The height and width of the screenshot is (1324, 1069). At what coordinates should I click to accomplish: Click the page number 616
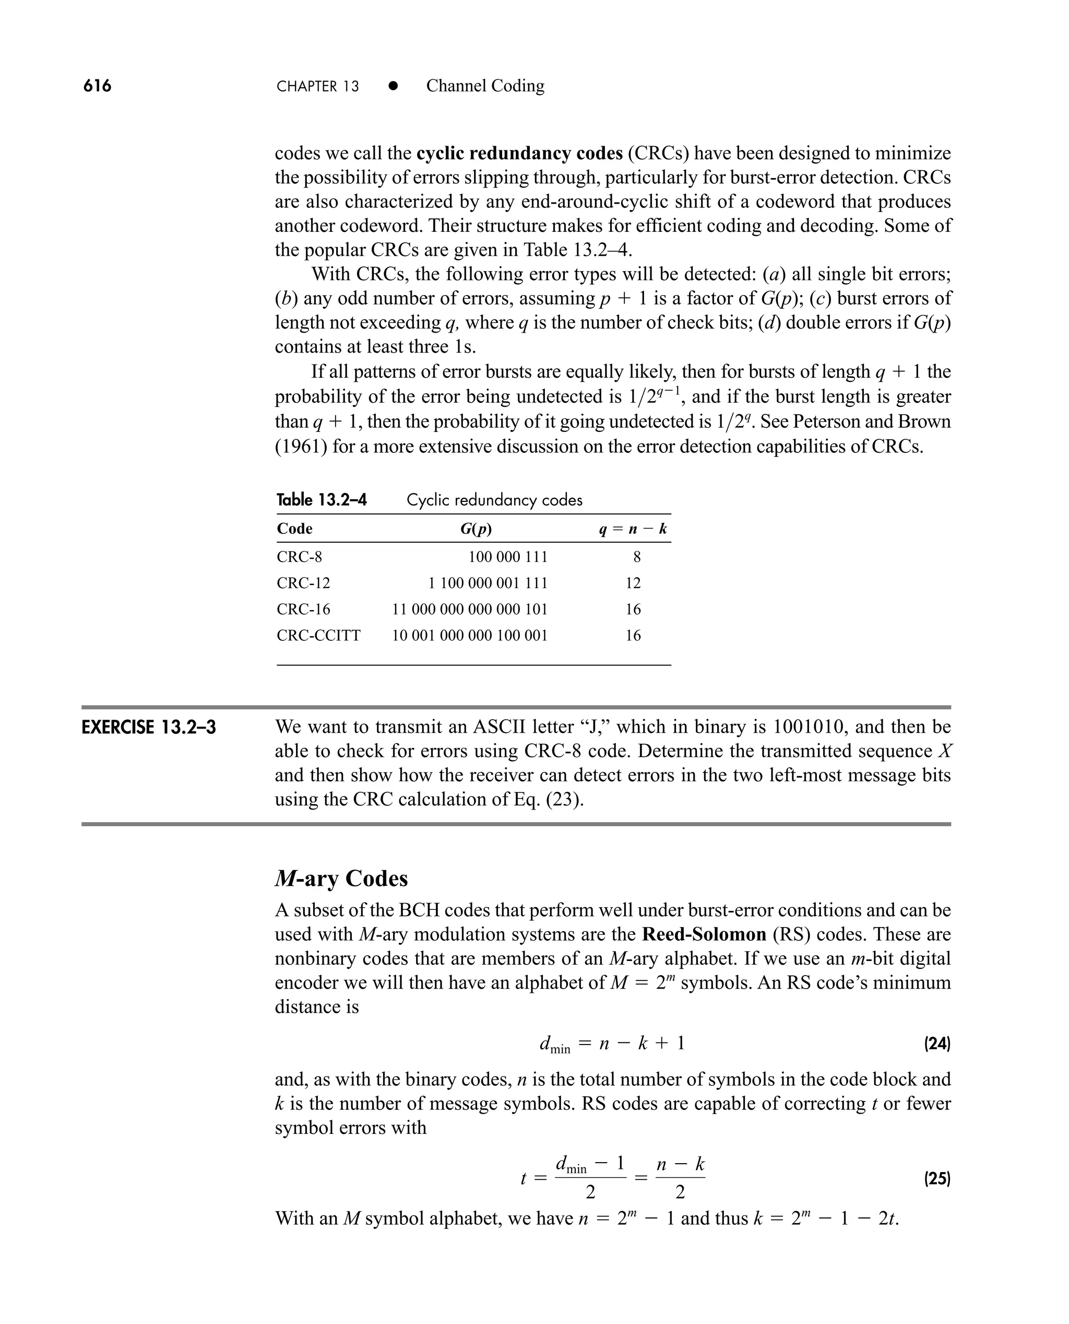[97, 86]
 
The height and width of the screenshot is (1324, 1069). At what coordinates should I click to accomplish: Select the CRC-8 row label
[299, 557]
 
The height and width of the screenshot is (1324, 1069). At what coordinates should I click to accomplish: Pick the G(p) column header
[476, 529]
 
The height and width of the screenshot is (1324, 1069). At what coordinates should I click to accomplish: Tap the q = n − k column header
[633, 529]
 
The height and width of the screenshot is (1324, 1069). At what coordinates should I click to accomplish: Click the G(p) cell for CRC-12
[488, 583]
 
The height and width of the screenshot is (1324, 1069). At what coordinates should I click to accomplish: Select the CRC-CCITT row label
[318, 635]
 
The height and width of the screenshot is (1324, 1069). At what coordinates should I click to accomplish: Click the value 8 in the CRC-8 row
[637, 557]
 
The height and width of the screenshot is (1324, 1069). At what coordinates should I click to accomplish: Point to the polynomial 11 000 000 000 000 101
[470, 610]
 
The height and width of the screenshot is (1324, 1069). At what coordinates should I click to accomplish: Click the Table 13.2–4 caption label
[322, 500]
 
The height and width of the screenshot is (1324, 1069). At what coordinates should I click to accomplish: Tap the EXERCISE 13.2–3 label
[149, 727]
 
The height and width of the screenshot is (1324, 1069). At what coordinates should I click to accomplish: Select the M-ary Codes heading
[341, 878]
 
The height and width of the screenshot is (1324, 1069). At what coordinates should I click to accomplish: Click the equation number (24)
[937, 1044]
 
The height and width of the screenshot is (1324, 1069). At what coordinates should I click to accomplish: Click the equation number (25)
[937, 1179]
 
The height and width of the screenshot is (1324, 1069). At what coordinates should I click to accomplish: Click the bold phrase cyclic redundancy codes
[519, 153]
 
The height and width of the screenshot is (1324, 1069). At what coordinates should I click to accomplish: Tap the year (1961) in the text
[301, 446]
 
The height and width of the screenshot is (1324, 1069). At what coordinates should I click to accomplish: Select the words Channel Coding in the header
[485, 86]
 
